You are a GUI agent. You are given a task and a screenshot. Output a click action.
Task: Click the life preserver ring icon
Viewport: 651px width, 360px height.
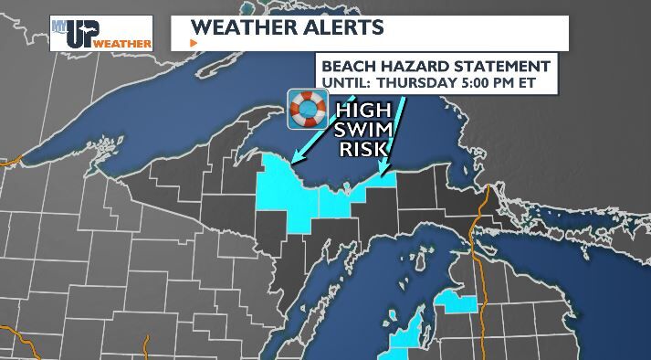tap(309, 110)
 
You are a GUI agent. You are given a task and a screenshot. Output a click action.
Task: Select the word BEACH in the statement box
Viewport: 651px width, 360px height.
tap(348, 67)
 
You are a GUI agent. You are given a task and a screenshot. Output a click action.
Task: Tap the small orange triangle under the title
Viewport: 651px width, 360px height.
tap(193, 43)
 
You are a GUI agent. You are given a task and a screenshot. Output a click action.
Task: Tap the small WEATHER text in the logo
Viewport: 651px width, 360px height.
tap(121, 43)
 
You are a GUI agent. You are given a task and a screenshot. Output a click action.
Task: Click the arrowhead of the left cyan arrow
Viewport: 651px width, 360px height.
tap(296, 157)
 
